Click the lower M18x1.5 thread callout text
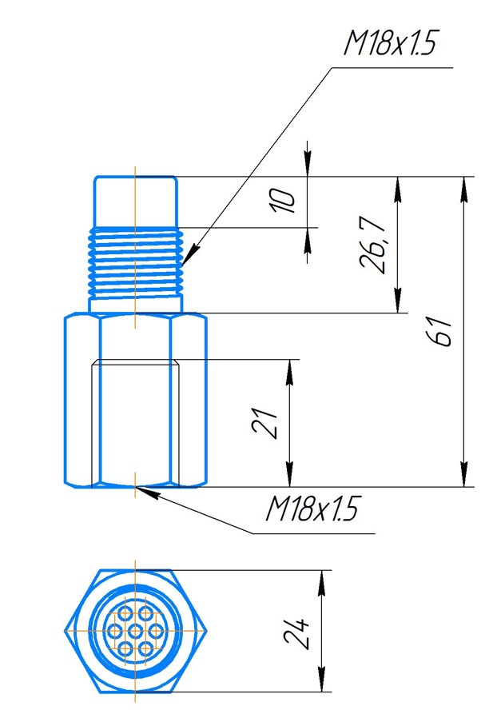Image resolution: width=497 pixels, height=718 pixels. (312, 509)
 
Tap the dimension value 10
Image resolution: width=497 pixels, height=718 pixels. (284, 201)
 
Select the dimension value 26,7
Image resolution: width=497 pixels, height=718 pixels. (372, 244)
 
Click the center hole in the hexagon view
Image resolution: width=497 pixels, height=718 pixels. (136, 632)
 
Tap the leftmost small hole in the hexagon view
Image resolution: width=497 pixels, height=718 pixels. (115, 632)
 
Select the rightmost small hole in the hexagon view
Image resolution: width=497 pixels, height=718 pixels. (156, 632)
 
